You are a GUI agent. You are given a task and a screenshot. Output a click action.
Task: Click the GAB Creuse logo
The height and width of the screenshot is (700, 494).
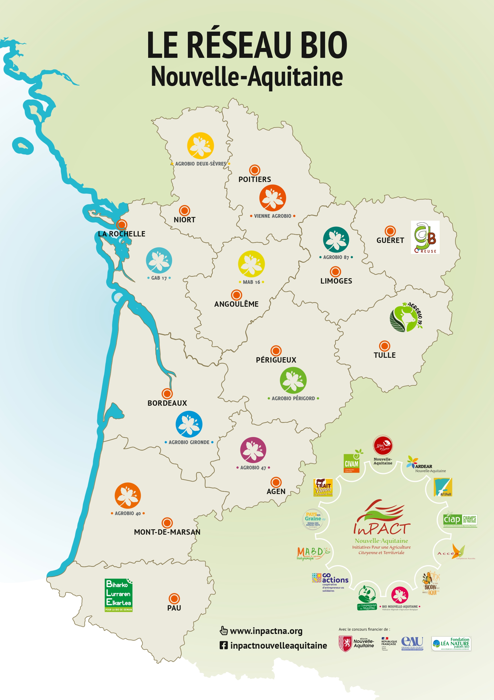click(x=425, y=237)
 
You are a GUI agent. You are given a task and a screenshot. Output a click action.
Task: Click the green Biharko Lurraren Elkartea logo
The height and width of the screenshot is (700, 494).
click(x=118, y=595)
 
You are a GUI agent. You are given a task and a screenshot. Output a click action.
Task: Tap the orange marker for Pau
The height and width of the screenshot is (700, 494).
click(x=174, y=598)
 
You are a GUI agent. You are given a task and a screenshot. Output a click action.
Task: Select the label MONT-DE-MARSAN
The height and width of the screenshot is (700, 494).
click(x=167, y=532)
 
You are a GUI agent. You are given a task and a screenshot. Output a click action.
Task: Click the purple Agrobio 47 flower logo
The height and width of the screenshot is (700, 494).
click(x=253, y=450)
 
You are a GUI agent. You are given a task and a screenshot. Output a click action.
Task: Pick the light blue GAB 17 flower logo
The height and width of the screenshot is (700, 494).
click(x=159, y=260)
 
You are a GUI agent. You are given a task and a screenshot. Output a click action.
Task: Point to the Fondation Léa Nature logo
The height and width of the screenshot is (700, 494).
click(x=451, y=643)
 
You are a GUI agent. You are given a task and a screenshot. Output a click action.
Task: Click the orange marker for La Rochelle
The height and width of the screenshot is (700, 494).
click(x=121, y=224)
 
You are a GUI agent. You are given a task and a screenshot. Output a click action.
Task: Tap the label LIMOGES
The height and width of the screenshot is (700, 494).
click(x=336, y=281)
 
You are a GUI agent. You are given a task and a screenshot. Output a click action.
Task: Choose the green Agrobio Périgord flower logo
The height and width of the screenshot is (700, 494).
click(x=293, y=380)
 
